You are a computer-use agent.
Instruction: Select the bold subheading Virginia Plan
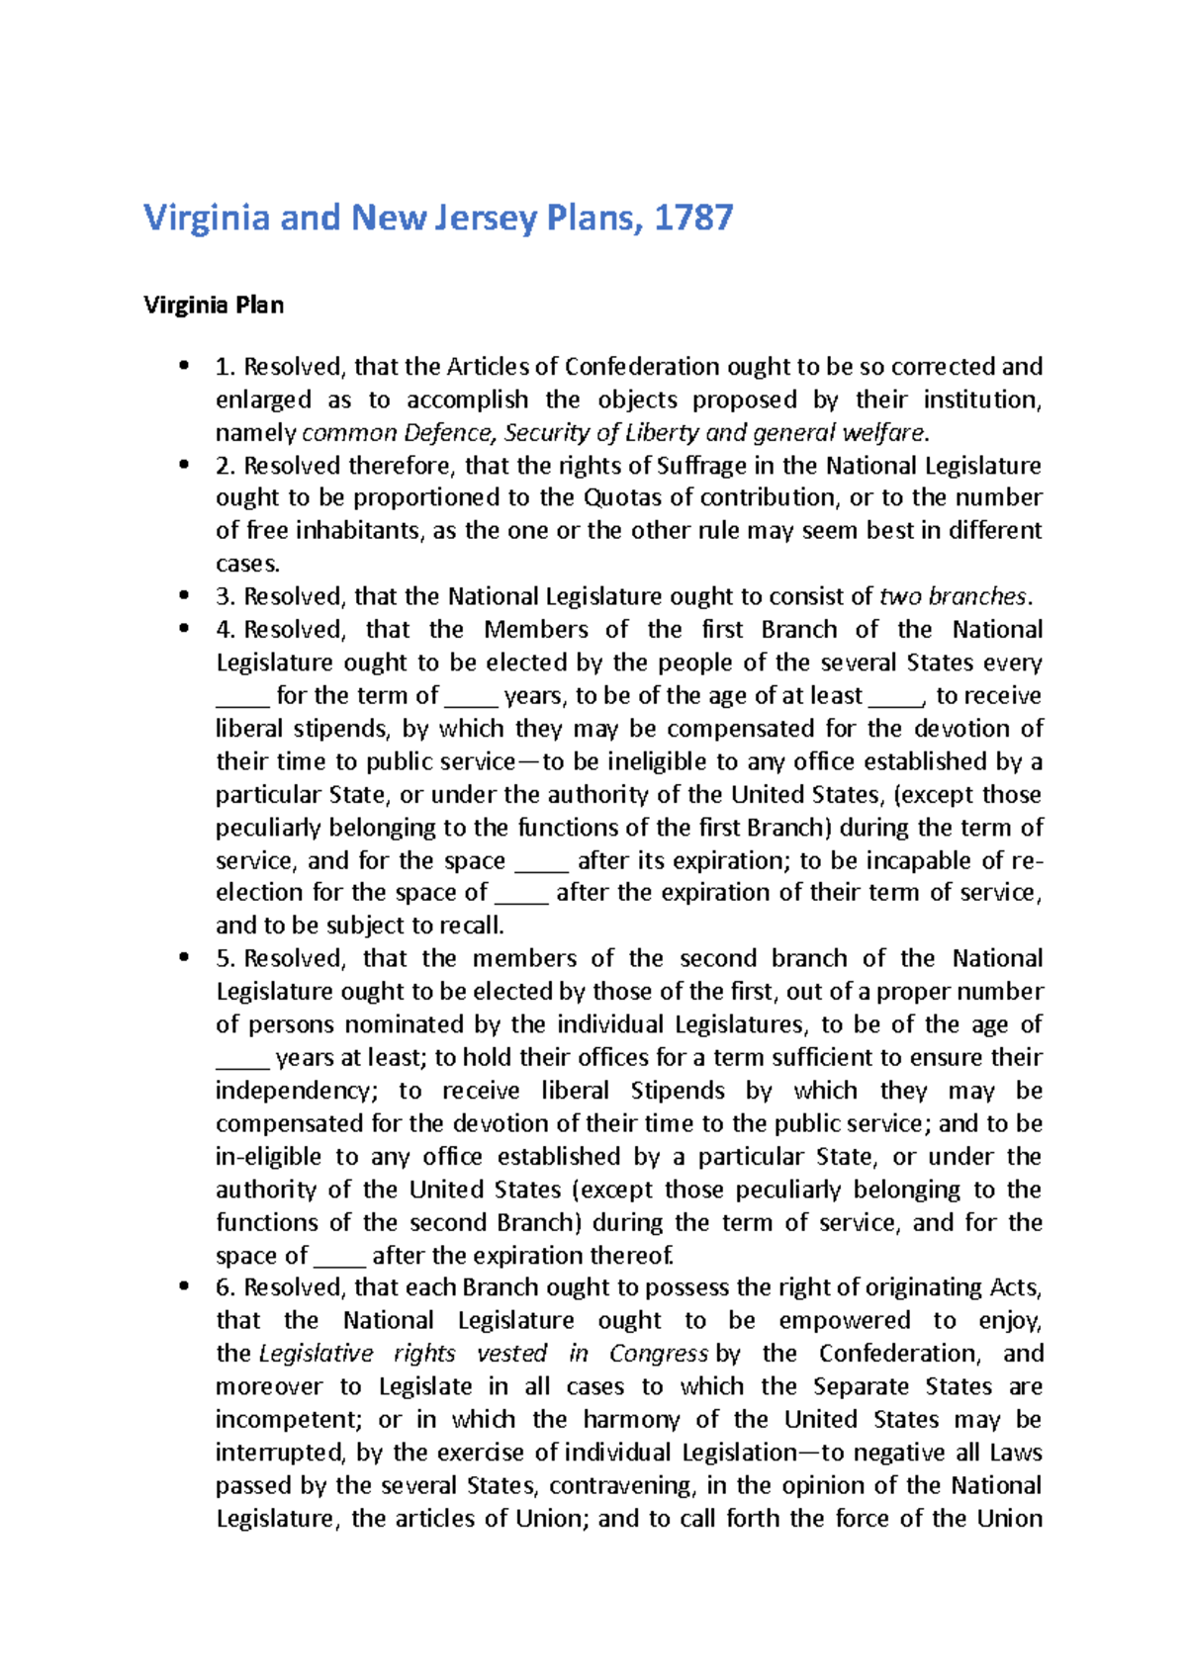(214, 305)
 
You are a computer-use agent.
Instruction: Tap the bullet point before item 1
(183, 367)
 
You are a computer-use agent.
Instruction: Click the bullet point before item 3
(183, 596)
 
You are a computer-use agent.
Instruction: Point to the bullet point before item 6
(183, 1286)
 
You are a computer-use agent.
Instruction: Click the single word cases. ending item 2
(247, 564)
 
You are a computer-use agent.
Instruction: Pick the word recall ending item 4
(474, 926)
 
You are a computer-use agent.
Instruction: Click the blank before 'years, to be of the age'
(471, 697)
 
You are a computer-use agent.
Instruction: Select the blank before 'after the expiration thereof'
(339, 1257)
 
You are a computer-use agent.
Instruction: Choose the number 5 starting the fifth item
(223, 958)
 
